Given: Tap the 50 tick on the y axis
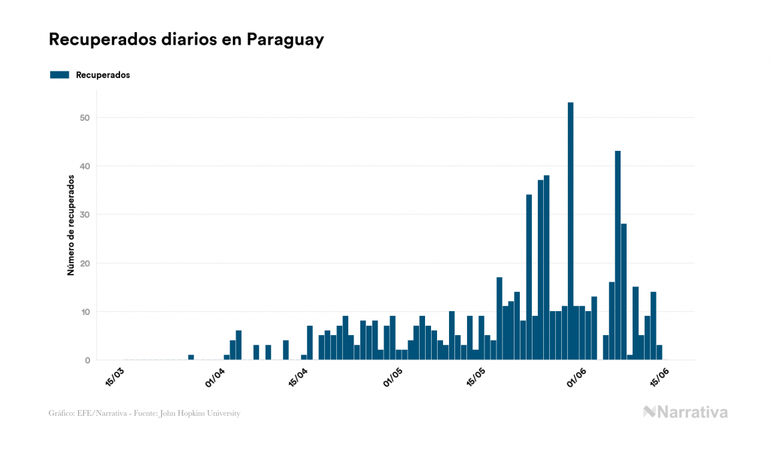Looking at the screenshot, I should (x=85, y=118).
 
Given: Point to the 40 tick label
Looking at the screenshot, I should (x=85, y=166).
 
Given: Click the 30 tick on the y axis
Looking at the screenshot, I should (x=85, y=215).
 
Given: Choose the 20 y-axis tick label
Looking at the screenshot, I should (x=85, y=263).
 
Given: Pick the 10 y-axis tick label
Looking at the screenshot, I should (x=85, y=312).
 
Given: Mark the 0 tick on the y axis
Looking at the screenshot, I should (x=87, y=361).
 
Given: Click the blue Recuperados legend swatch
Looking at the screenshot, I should (x=59, y=75).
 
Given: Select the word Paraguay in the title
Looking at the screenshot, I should (x=285, y=40).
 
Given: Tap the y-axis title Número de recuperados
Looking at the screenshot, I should (x=70, y=226).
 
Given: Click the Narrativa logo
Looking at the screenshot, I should (x=685, y=412).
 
